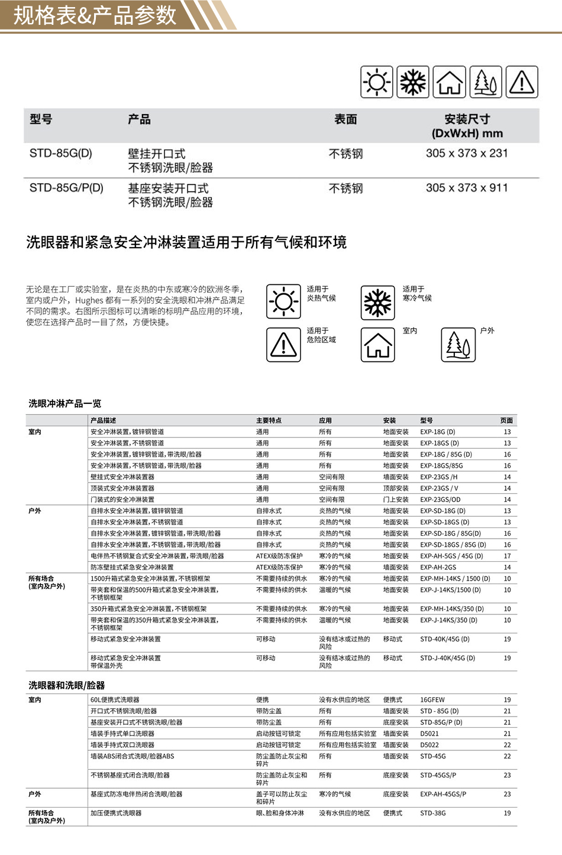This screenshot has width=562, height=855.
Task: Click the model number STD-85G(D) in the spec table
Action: pyautogui.click(x=61, y=153)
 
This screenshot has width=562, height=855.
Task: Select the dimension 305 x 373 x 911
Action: pyautogui.click(x=467, y=188)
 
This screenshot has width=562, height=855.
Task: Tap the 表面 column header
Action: pyautogui.click(x=345, y=119)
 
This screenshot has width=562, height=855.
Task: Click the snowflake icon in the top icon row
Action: pyautogui.click(x=413, y=82)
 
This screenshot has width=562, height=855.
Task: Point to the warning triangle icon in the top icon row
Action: pyautogui.click(x=522, y=82)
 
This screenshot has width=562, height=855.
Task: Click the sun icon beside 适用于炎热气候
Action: pyautogui.click(x=283, y=302)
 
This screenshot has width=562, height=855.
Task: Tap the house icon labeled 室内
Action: pyautogui.click(x=378, y=344)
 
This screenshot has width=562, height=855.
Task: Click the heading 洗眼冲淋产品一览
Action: pyautogui.click(x=65, y=403)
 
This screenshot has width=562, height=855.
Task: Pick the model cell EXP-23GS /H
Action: pyautogui.click(x=438, y=477)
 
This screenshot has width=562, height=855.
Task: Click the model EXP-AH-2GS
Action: pyautogui.click(x=438, y=567)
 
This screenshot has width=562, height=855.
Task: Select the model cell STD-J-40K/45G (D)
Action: pyautogui.click(x=447, y=658)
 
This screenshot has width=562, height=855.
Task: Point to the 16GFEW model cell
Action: pyautogui.click(x=432, y=699)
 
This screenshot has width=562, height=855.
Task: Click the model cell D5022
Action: pyautogui.click(x=429, y=745)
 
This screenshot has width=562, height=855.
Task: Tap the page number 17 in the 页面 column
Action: pyautogui.click(x=507, y=556)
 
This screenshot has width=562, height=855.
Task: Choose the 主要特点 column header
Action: pyautogui.click(x=269, y=420)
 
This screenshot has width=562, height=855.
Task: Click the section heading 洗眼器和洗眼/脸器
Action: pyautogui.click(x=67, y=685)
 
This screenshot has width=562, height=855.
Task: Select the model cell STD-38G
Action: pyautogui.click(x=433, y=813)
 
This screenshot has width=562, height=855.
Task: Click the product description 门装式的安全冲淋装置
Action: pyautogui.click(x=122, y=500)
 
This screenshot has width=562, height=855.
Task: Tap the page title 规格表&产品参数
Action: pyautogui.click(x=95, y=15)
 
